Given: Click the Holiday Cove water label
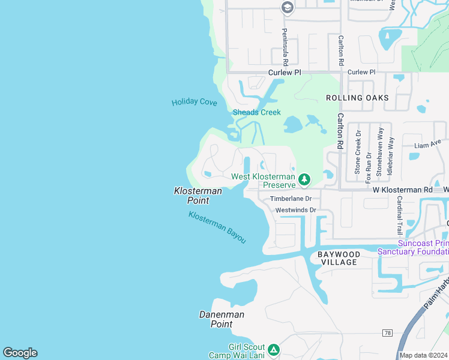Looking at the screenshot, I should point(194,102).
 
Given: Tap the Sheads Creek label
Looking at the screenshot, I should point(256,112).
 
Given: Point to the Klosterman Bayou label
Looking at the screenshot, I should point(217,227).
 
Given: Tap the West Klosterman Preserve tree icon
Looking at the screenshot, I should point(304,179).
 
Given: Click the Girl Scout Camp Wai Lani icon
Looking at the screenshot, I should point(273,349).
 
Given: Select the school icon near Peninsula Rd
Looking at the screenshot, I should point(287,7).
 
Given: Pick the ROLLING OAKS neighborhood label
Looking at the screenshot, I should point(357,98).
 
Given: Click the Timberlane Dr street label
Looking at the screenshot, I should point(291,199).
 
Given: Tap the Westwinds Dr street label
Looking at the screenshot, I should point(295,210).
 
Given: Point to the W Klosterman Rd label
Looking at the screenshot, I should point(402,190).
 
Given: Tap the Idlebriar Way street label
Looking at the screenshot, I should point(391,154).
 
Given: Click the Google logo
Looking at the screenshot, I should point(20,353).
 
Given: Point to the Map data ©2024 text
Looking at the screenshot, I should point(423,355).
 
